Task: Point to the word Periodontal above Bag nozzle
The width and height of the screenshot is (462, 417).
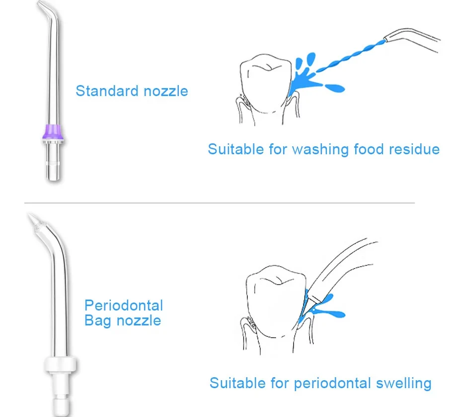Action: pos(124,305)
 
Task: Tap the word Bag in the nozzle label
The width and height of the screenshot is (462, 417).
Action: pos(97,320)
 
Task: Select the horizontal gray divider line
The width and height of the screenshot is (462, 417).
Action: pos(219,203)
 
